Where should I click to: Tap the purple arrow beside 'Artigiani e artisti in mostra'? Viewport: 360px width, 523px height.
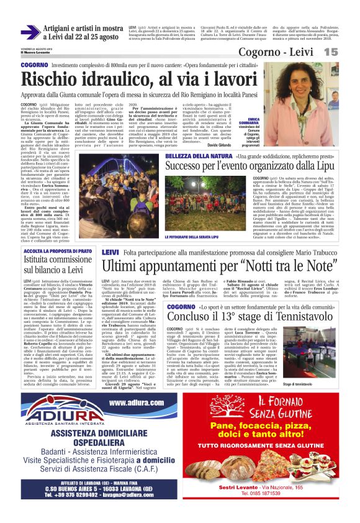[29, 32]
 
